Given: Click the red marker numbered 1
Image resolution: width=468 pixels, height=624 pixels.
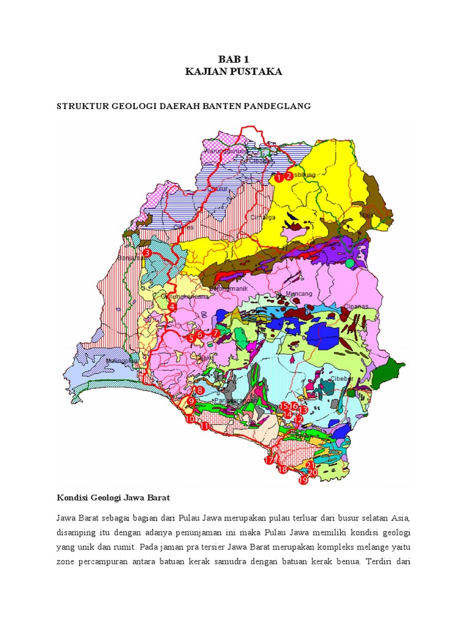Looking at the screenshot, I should coord(278,178).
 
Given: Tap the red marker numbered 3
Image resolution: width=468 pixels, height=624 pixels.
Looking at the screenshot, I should coord(146,253).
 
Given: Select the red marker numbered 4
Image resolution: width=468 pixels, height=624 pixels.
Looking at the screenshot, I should coord(172,308).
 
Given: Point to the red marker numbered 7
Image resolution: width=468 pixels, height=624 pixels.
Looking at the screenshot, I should coord(215,333).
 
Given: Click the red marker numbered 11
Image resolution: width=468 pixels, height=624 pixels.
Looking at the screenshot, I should coord(205,426).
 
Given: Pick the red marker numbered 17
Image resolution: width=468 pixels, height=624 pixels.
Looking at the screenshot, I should coord(269,461).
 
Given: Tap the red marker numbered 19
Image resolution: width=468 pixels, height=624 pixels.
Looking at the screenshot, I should coord(303,480).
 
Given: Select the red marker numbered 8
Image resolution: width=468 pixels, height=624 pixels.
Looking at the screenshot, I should coord(198,390).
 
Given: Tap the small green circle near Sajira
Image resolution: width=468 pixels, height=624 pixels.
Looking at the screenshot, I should coord(349,264).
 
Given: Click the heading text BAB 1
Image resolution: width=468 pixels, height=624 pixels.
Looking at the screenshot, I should coord(233,59).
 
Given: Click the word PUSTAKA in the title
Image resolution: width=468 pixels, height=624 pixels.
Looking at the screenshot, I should coord(257,72).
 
